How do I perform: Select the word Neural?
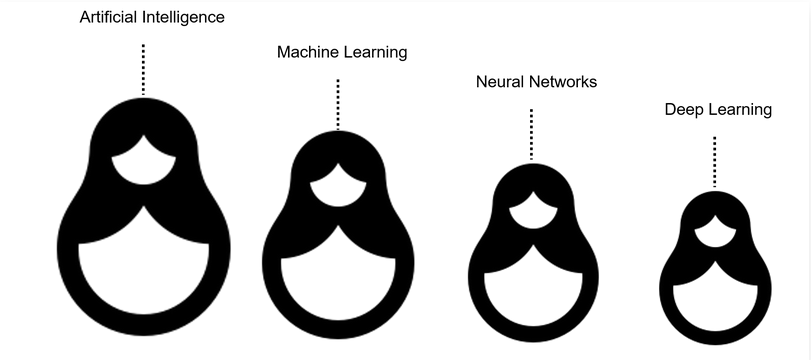(x=500, y=82)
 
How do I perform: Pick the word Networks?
(x=564, y=82)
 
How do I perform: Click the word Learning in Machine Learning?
(x=376, y=52)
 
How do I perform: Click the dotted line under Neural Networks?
(x=531, y=134)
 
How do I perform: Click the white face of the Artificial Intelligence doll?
(x=144, y=160)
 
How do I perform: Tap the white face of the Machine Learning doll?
(x=337, y=187)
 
